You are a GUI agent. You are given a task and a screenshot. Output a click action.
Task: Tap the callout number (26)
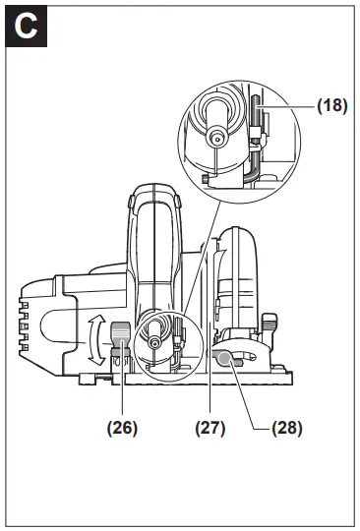(x=123, y=428)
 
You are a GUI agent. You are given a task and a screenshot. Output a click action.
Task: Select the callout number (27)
(x=210, y=428)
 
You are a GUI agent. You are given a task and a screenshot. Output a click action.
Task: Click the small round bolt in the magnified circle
(x=213, y=139)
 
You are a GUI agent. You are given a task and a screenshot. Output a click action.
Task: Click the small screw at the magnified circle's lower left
(x=204, y=178)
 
